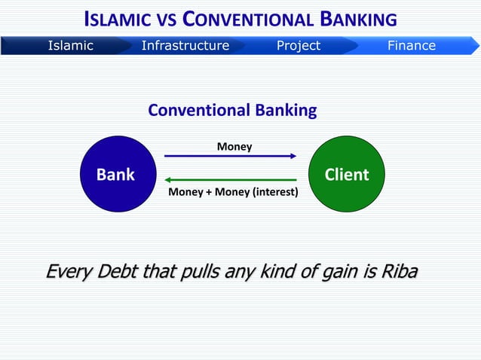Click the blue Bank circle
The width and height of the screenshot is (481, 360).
[116, 175]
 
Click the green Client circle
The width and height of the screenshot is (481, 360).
[347, 175]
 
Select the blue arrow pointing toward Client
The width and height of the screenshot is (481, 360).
[231, 156]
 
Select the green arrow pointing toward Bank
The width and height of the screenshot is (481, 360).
[231, 180]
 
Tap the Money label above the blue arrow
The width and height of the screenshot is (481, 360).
[234, 146]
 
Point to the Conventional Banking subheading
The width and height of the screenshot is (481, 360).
[232, 111]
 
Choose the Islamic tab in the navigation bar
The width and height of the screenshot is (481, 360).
[70, 46]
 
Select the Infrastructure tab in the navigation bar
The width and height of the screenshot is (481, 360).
[185, 46]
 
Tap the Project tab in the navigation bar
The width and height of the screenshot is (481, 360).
[298, 46]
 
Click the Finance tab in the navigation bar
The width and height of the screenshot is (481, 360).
[411, 46]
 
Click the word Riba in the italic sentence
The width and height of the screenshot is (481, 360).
[399, 270]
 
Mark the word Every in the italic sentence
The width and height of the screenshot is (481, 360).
[66, 270]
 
